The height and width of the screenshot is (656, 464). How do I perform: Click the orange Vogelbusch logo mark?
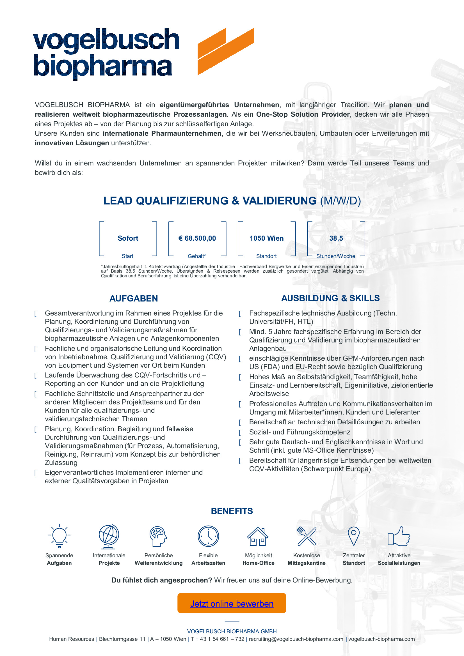pos(226,51)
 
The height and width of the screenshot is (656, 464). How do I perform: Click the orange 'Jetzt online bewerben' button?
pos(232,604)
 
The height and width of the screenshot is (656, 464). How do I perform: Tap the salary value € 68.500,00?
pos(197,238)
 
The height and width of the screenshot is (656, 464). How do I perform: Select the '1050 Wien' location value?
pos(266,238)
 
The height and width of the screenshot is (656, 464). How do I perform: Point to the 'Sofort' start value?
pos(128,238)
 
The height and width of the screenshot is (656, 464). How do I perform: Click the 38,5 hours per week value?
pos(336,238)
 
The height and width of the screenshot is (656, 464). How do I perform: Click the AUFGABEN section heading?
pos(134,299)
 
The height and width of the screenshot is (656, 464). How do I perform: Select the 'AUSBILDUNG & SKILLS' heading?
pos(330,298)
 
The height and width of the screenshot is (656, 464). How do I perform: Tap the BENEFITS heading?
pos(232,511)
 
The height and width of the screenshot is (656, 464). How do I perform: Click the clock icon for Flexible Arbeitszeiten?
pos(208,536)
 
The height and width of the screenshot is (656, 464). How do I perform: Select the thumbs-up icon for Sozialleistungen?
pos(399,536)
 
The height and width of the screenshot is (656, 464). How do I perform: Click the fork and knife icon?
pos(307,536)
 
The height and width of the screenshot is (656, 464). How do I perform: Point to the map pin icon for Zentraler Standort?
pos(354,536)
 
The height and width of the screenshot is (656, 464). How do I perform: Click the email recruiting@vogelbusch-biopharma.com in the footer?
pos(296,639)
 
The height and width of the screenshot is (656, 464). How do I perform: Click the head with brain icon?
pos(158,536)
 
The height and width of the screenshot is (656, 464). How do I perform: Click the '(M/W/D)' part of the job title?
pos(340,201)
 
